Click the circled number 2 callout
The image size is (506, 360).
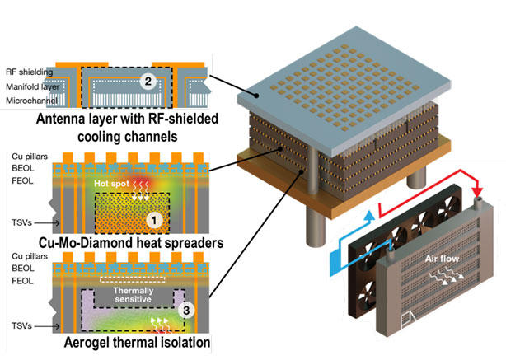147,82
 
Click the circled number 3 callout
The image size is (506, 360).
187,311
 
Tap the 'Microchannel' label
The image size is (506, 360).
30,99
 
